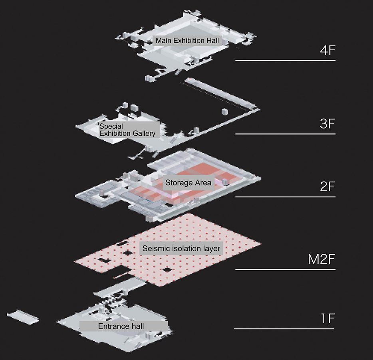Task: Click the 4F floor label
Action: coord(327,50)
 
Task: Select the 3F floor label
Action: coord(327,124)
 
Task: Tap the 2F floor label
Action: coord(327,187)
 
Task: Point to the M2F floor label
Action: coord(321,259)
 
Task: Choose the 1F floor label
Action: coord(328,318)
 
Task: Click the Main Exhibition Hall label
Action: coord(187,41)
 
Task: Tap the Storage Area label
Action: coord(188,183)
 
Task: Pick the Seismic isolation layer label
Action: coord(181,249)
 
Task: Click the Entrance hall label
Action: coord(121,326)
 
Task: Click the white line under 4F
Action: coord(286,61)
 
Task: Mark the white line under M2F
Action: coord(286,269)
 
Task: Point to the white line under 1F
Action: coord(284,329)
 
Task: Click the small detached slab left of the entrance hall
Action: coord(23,317)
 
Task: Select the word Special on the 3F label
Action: coord(111,126)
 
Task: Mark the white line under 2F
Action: coord(286,197)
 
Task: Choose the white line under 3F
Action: coord(286,134)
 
